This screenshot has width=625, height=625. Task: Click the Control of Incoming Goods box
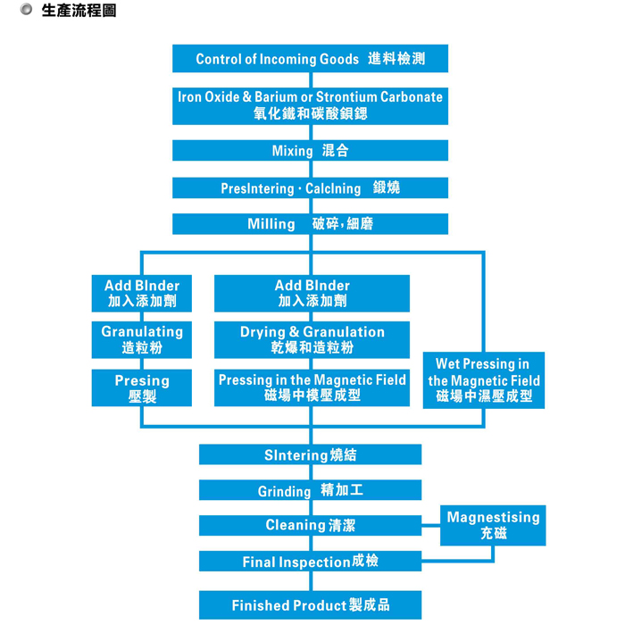pos(310,59)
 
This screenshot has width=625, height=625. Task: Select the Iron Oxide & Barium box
pos(310,105)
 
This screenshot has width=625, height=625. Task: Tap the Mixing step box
pos(310,151)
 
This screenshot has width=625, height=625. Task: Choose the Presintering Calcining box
pos(310,188)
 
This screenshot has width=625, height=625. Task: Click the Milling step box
pos(310,224)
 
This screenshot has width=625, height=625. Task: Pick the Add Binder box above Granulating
pos(141,293)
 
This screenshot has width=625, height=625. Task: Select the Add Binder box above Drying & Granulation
pos(312,293)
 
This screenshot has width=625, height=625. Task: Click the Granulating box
pos(141,339)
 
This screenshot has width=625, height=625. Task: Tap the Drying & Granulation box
pos(312,339)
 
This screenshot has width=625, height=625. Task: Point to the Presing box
pos(141,388)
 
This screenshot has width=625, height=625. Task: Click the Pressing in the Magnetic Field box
pos(312,387)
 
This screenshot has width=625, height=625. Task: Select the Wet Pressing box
pos(483,379)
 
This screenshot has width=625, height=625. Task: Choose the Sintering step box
pos(310,455)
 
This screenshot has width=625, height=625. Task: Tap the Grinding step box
pos(310,490)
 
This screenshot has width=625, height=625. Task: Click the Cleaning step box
pos(310,525)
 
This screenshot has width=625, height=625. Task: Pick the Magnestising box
pos(493,525)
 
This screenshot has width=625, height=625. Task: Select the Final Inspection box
pos(310,562)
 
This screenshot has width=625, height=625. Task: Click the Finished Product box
pos(310,605)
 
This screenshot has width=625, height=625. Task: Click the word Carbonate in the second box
pos(411,97)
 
